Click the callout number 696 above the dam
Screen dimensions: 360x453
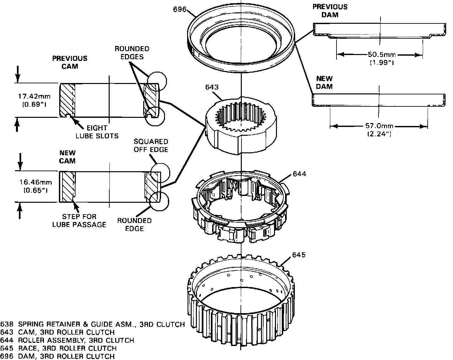(x=180, y=9)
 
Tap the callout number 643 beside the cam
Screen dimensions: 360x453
(x=212, y=87)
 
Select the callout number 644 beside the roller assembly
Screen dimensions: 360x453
(x=299, y=174)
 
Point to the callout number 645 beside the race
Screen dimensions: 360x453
(x=299, y=255)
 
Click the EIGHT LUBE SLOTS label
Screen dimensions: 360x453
(x=97, y=132)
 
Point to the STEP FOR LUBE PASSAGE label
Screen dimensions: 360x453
(x=79, y=220)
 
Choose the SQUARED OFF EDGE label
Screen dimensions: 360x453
(x=151, y=145)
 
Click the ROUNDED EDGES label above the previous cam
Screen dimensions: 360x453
(x=132, y=52)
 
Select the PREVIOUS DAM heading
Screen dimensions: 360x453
(x=330, y=11)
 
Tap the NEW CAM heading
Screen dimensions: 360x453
(x=67, y=157)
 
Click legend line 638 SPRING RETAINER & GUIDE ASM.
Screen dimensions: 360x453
(x=93, y=324)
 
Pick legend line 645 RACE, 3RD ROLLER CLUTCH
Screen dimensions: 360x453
(x=58, y=348)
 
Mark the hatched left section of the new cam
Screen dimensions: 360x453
(x=68, y=187)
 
